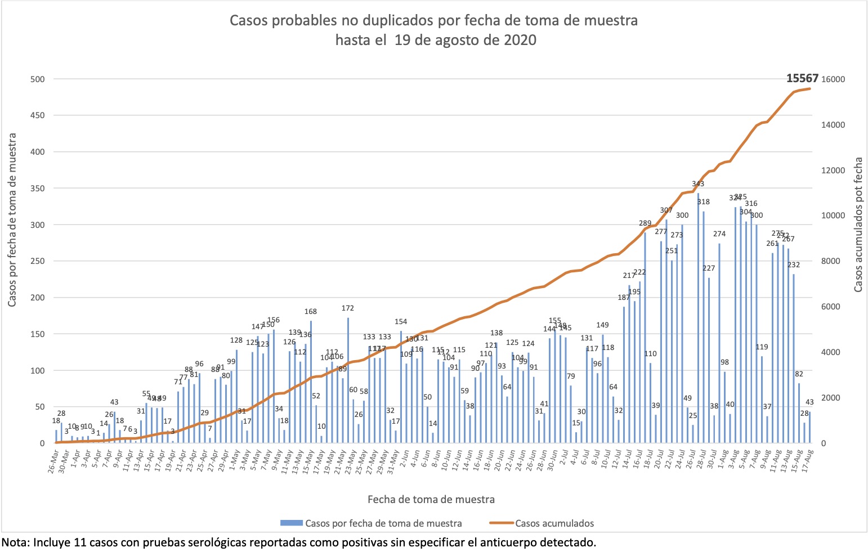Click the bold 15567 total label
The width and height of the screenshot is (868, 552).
point(802,78)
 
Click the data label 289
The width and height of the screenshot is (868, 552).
point(645,223)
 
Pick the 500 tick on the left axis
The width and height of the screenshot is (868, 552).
point(37,79)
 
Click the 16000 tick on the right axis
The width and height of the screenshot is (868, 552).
point(834,79)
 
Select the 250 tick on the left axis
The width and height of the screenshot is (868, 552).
point(37,262)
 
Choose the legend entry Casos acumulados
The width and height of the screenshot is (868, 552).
point(554,523)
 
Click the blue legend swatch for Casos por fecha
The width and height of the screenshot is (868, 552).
point(292,523)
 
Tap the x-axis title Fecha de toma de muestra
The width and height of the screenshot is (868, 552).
point(431,499)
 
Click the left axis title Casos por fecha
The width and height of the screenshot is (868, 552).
point(12,220)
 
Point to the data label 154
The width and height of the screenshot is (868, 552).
point(400,322)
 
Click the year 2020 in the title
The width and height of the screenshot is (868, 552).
point(520,41)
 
